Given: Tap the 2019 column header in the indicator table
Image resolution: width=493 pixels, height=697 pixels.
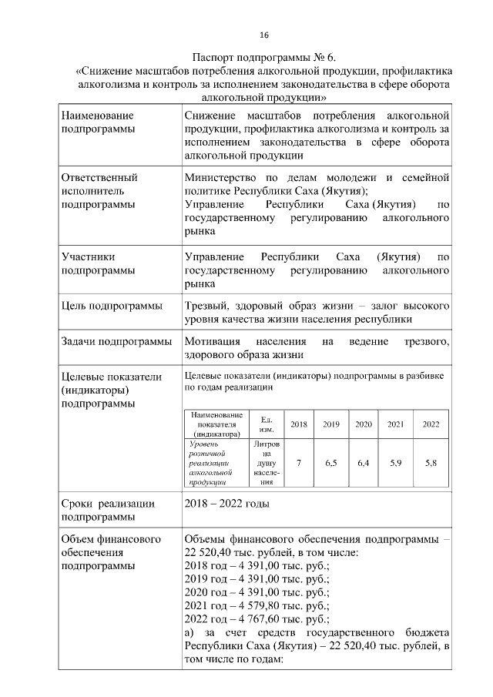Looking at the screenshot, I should (x=331, y=424).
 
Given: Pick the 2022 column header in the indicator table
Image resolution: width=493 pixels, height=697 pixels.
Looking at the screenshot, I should (x=431, y=424).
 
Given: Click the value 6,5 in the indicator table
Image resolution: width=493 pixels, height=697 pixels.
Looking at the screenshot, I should (x=331, y=462).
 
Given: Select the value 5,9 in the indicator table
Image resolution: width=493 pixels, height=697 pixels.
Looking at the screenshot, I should (x=396, y=462).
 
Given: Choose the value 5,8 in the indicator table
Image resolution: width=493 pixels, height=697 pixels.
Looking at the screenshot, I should (x=431, y=462).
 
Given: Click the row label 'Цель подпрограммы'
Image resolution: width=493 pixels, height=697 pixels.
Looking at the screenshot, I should (x=112, y=306).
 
